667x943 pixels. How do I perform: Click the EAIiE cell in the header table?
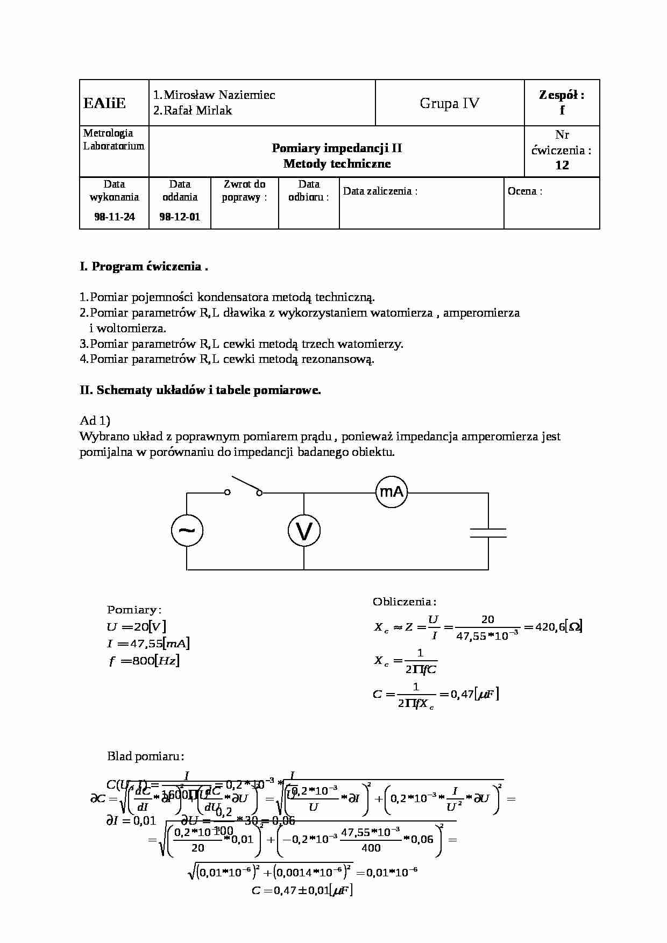tap(105, 103)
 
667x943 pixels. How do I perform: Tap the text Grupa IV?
tap(449, 103)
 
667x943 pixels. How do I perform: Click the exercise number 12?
tap(562, 166)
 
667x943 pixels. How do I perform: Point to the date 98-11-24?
tap(114, 217)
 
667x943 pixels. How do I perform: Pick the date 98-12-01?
tap(180, 217)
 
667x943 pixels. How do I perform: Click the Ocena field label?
tap(524, 191)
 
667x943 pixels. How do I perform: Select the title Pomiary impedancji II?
tap(337, 148)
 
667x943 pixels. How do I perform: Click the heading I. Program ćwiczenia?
tap(143, 267)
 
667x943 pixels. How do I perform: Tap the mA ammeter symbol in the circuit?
tap(392, 491)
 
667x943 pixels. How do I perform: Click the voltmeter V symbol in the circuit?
tap(304, 531)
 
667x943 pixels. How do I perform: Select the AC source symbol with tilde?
tap(187, 531)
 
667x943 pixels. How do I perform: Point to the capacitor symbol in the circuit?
tap(488, 533)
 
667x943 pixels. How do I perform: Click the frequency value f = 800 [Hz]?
tap(144, 661)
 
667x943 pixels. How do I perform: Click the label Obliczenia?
tap(404, 602)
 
